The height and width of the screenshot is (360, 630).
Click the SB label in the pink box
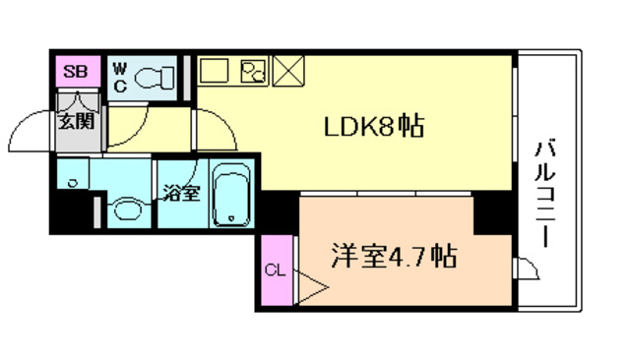coord(73,72)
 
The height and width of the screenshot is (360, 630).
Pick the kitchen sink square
coord(214,71)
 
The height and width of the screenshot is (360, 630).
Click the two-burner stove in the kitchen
coord(253,71)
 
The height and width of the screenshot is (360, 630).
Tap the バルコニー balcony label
coord(544,193)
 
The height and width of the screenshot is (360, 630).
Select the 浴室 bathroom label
coord(181,192)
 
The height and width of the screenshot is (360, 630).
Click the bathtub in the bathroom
coord(233,194)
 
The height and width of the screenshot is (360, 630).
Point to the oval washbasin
coord(125,209)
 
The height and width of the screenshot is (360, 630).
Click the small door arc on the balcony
coord(528,269)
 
